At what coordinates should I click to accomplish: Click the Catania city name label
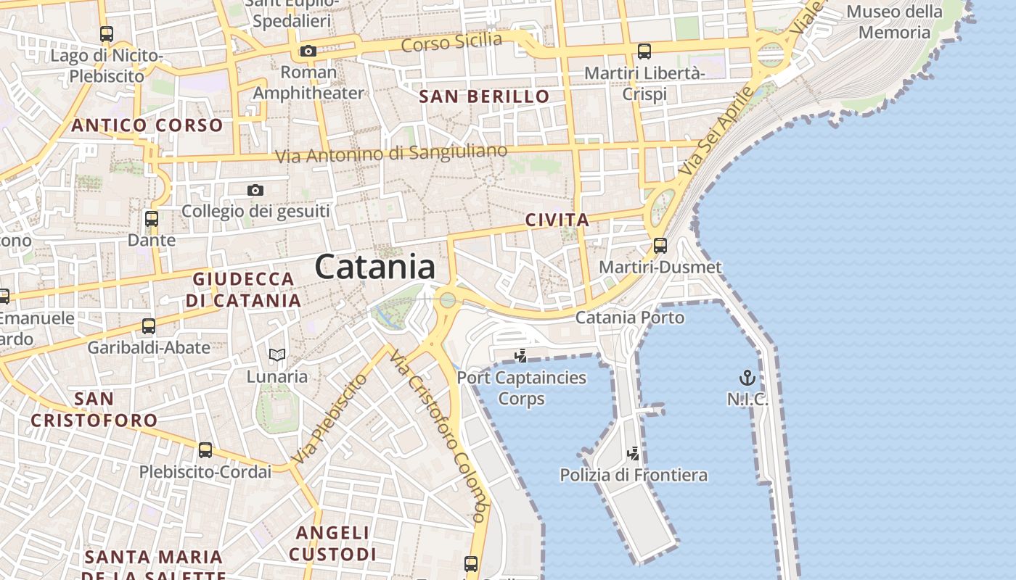[375, 267]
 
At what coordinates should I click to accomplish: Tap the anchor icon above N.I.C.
[747, 378]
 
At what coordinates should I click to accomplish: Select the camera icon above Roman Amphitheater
[308, 51]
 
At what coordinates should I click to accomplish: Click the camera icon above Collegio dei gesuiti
[255, 190]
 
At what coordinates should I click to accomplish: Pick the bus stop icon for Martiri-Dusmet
[660, 246]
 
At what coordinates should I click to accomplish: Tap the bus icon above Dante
[152, 218]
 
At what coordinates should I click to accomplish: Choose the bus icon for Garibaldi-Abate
[149, 326]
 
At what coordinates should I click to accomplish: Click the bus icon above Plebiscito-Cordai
[205, 450]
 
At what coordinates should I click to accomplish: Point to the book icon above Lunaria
[276, 355]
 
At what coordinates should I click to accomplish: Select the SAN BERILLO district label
[485, 96]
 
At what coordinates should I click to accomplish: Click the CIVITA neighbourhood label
[557, 220]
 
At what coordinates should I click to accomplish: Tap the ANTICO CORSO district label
[147, 125]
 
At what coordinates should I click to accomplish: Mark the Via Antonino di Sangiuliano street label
[391, 154]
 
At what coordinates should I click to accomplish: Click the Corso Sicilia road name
[451, 41]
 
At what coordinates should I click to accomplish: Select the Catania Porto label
[629, 318]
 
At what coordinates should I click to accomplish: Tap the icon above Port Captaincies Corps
[520, 355]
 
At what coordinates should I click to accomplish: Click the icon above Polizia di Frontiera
[634, 454]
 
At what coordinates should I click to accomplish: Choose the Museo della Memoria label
[894, 22]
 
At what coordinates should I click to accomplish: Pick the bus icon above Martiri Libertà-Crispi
[644, 51]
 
